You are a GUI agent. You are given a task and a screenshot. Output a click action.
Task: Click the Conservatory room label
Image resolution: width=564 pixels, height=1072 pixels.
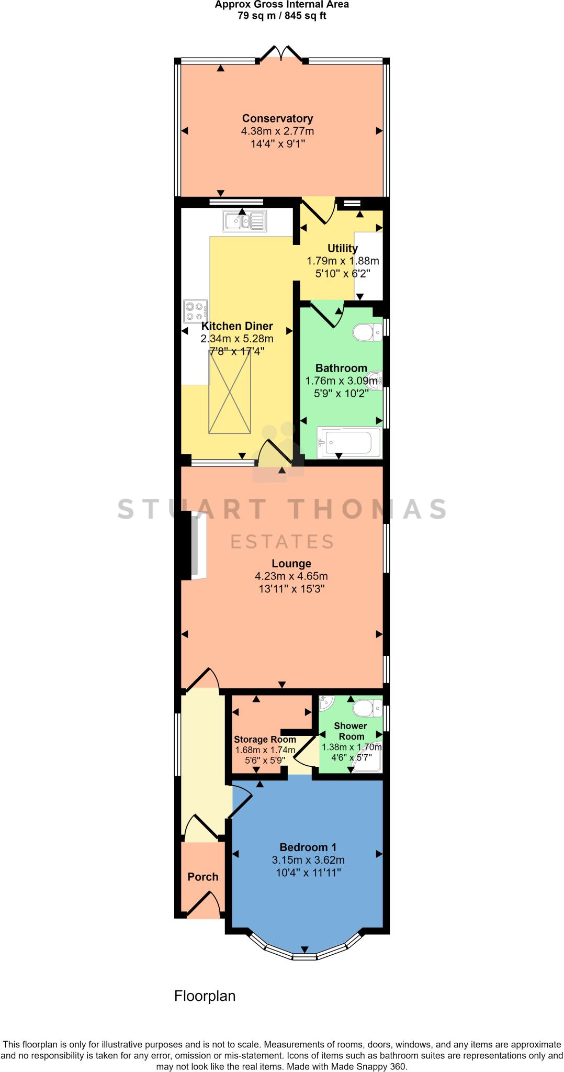pos(277,118)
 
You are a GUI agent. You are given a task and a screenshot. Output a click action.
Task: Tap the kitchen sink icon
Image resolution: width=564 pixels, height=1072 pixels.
pos(244,220)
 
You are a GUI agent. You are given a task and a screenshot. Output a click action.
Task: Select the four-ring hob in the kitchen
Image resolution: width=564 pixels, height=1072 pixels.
pos(195,311)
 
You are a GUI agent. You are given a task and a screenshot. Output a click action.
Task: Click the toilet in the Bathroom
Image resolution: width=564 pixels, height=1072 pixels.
pos(368,331)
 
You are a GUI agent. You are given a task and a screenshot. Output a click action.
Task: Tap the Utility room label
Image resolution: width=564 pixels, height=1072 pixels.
pos(342,248)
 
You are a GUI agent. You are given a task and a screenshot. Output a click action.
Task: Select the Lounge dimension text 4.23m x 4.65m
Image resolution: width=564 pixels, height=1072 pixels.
pos(291,576)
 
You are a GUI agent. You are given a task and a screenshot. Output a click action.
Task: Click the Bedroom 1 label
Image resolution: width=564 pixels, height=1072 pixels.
pos(308,847)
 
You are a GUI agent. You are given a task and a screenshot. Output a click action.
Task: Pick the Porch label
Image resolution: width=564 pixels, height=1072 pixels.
pos(203,876)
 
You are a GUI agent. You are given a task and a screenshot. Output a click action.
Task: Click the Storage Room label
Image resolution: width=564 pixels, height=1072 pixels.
pos(265,740)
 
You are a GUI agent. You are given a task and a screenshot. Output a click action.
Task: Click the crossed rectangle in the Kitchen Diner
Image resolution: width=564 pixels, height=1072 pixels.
pos(230,392)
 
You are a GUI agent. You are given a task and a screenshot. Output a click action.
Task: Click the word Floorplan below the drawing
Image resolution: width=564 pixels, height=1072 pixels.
pos(205,996)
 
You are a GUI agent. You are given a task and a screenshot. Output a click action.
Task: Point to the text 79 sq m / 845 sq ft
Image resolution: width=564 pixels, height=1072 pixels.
pos(282,15)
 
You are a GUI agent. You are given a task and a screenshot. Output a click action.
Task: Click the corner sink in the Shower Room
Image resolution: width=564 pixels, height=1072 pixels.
pos(326,703)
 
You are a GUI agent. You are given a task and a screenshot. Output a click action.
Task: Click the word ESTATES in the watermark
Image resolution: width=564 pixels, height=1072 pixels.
pos(282,541)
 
